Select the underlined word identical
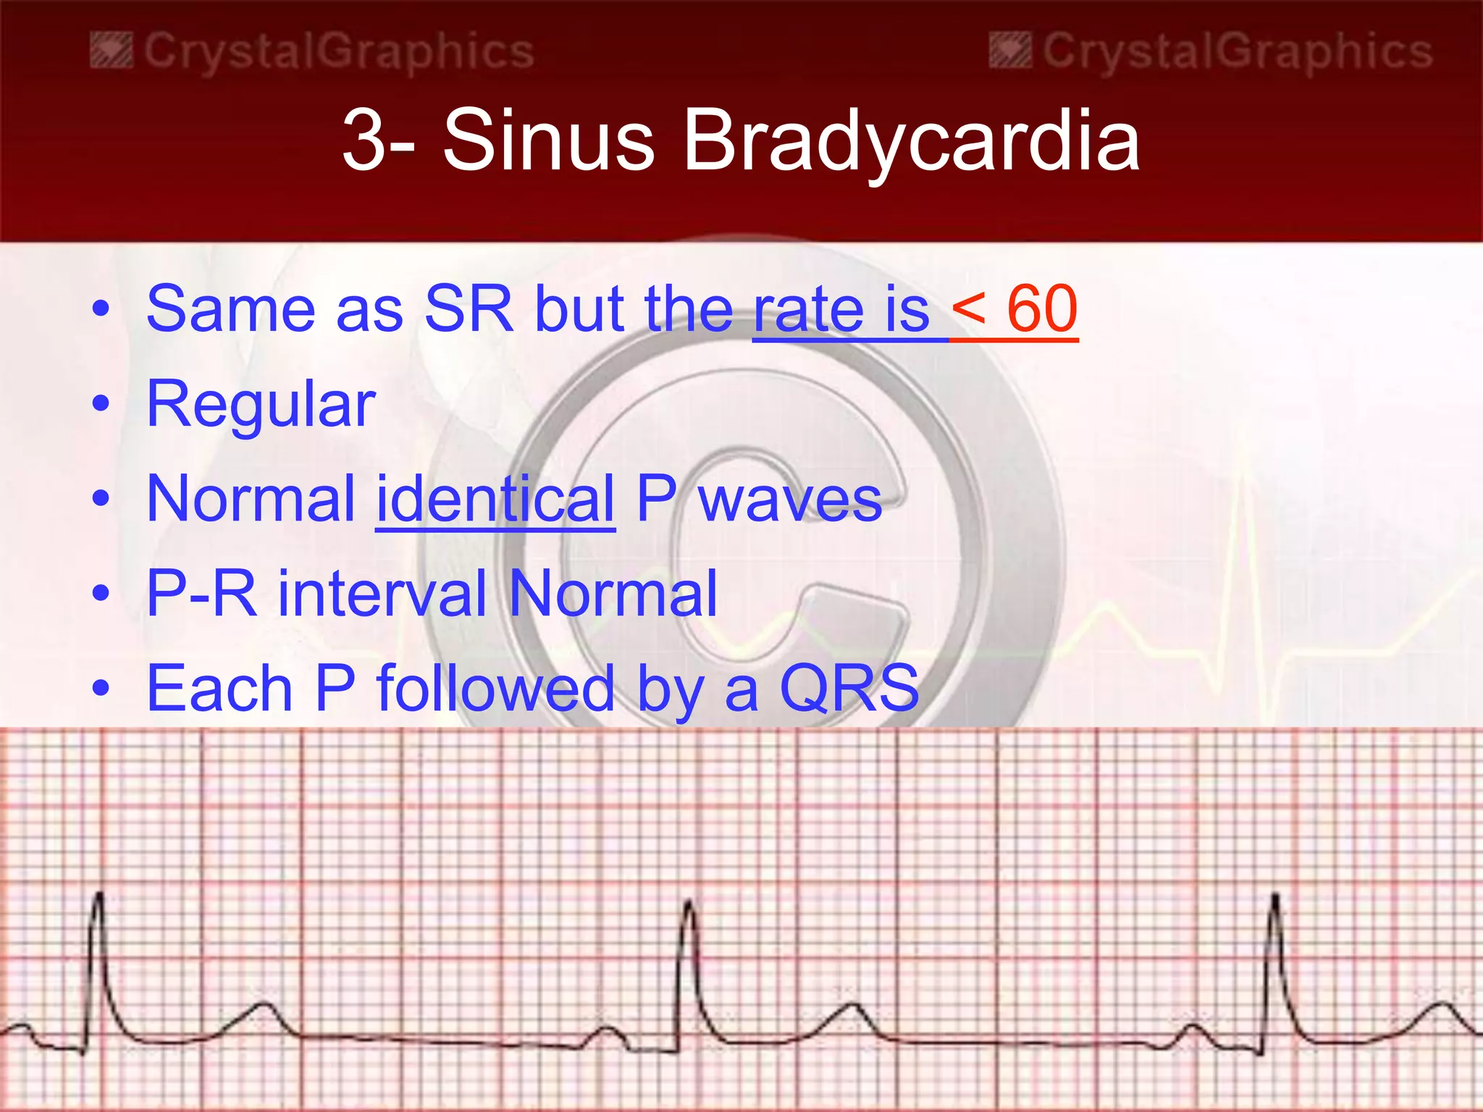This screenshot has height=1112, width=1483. click(x=495, y=499)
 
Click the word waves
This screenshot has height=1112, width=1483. click(x=790, y=499)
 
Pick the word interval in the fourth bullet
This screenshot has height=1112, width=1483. click(x=382, y=594)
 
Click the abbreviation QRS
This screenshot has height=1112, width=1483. click(x=849, y=688)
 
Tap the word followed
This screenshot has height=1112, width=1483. click(x=495, y=688)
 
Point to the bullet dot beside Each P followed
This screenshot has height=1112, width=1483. click(x=101, y=687)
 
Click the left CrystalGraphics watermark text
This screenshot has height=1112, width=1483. click(x=338, y=52)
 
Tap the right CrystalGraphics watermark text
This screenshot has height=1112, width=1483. click(x=1237, y=52)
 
